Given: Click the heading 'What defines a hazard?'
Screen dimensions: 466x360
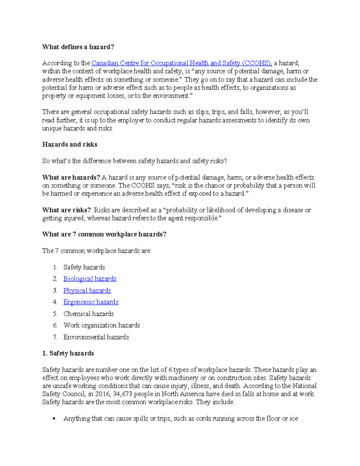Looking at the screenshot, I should [78, 47].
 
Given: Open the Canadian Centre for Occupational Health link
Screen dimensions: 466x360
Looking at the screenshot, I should [181, 63].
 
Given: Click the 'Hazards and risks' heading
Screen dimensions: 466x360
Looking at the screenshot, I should [70, 145].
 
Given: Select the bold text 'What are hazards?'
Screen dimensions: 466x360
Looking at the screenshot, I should [71, 177].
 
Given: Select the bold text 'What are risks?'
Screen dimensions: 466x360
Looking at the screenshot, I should [66, 210].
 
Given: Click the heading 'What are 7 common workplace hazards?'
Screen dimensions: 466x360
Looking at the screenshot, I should [104, 234].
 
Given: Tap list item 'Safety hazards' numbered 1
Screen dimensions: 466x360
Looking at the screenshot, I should [84, 267].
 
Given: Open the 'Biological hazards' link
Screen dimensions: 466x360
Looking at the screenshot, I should [90, 279].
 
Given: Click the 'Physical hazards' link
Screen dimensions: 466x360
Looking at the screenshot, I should [87, 290].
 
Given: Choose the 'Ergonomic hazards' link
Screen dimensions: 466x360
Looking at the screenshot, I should [91, 302].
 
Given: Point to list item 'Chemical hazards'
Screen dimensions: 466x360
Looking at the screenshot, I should [88, 314].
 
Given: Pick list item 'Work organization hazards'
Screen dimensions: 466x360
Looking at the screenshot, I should [101, 326].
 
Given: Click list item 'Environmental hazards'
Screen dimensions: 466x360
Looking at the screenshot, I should [96, 337].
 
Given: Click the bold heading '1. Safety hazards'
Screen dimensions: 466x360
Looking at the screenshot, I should [68, 353].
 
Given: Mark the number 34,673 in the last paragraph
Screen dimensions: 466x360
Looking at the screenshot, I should [123, 394].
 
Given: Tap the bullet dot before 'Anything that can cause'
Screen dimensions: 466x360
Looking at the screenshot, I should [54, 419].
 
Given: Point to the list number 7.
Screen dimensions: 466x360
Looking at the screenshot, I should [55, 337].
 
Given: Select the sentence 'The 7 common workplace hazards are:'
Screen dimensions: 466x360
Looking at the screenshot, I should [97, 251].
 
